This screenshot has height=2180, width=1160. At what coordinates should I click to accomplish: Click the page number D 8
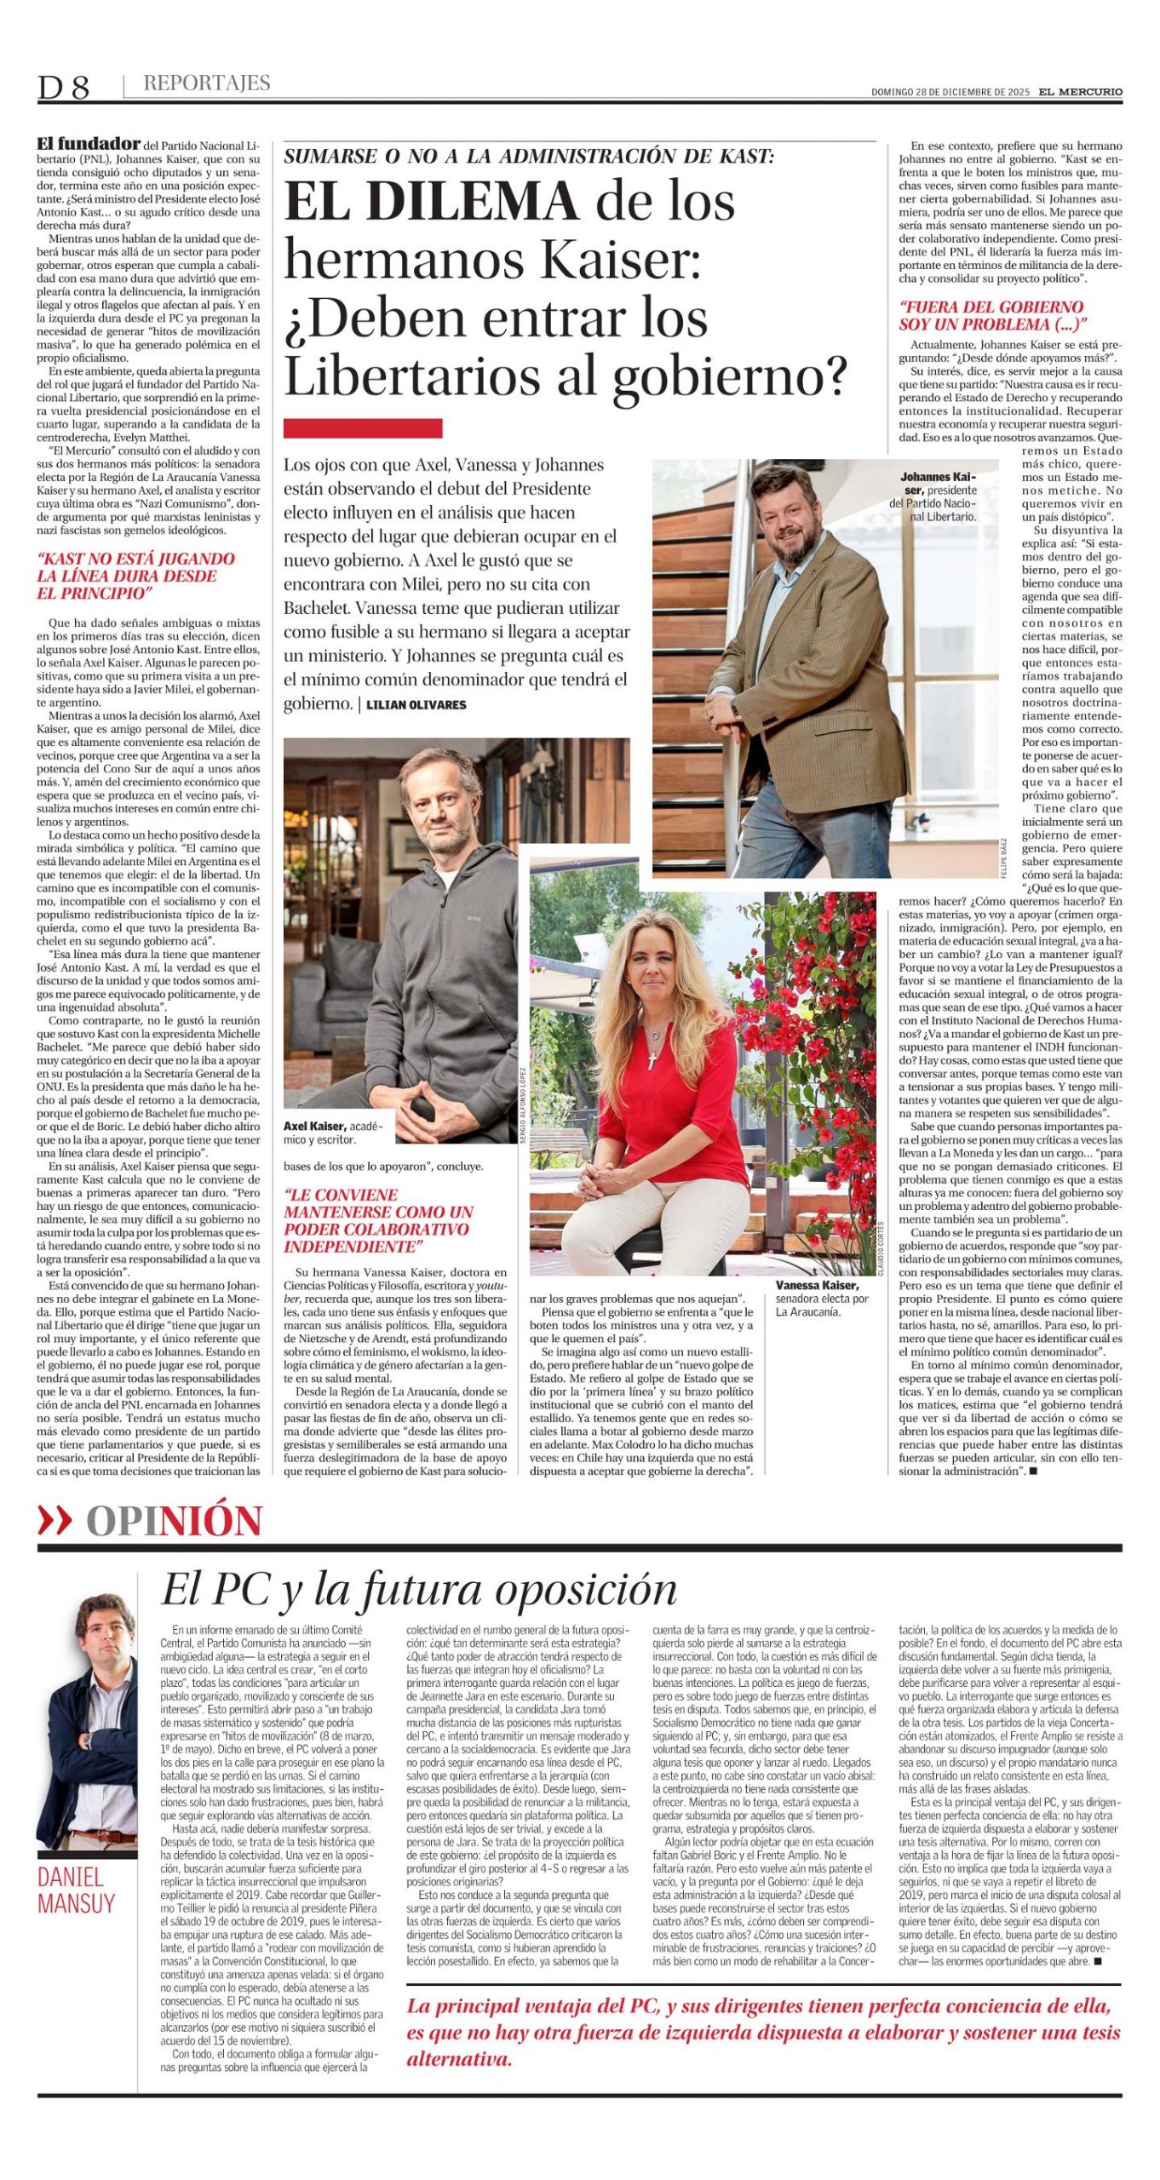coord(63,86)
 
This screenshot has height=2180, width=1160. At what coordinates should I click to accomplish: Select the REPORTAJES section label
coord(206,83)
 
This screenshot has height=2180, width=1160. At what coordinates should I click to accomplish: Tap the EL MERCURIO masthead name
coord(1080,92)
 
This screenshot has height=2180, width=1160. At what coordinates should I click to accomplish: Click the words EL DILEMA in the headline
coord(432,202)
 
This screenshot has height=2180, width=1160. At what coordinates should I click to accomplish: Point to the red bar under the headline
coord(363,427)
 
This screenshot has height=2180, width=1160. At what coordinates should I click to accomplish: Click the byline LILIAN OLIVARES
coord(416,704)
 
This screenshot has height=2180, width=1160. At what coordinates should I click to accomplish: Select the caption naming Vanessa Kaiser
coord(821,1298)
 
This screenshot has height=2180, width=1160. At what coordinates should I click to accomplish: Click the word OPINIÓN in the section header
coord(175,1521)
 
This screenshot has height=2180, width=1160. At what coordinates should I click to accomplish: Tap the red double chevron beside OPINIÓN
coord(55,1521)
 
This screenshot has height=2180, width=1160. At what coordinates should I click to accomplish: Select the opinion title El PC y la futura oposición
coord(420,1589)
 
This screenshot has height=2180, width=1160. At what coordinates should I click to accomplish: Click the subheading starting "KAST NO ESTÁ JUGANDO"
coord(136,576)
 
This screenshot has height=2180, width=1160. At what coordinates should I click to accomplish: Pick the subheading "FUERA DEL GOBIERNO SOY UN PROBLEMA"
coord(992,315)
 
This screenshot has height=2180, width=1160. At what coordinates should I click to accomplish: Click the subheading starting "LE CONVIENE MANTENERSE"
coord(378,1220)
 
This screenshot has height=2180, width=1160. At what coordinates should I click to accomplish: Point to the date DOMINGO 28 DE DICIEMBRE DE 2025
coord(950,92)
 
